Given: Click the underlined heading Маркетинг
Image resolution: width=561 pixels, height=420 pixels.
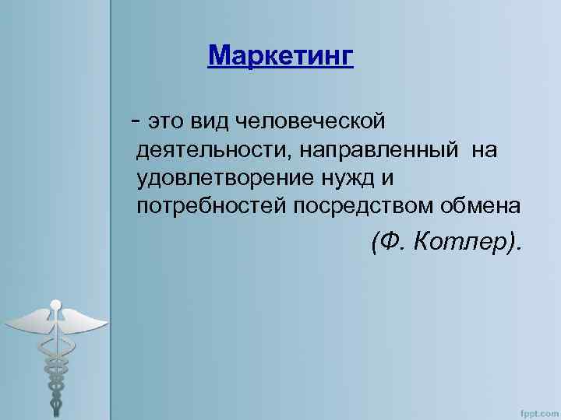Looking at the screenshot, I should click(280, 56).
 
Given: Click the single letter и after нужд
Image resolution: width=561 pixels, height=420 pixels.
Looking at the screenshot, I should click(388, 178).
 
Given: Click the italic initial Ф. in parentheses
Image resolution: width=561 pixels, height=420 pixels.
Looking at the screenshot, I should click(390, 244).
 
